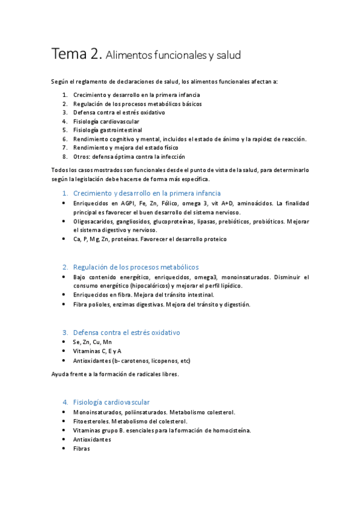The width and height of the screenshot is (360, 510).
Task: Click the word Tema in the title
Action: pyautogui.click(x=69, y=54)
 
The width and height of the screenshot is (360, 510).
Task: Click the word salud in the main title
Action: pyautogui.click(x=227, y=56)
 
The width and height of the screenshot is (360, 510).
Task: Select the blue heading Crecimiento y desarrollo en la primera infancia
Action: pyautogui.click(x=147, y=193)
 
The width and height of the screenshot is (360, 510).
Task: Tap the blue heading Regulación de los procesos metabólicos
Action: pyautogui.click(x=136, y=266)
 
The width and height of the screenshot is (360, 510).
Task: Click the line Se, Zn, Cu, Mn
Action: pyautogui.click(x=92, y=342)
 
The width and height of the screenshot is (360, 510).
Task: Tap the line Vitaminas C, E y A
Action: pyautogui.click(x=97, y=351)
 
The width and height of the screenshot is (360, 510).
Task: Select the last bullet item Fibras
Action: pyautogui.click(x=81, y=448)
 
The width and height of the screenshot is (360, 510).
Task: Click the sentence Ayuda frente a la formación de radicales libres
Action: pyautogui.click(x=115, y=374)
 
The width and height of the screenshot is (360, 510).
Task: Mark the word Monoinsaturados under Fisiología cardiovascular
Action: pyautogui.click(x=97, y=412)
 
